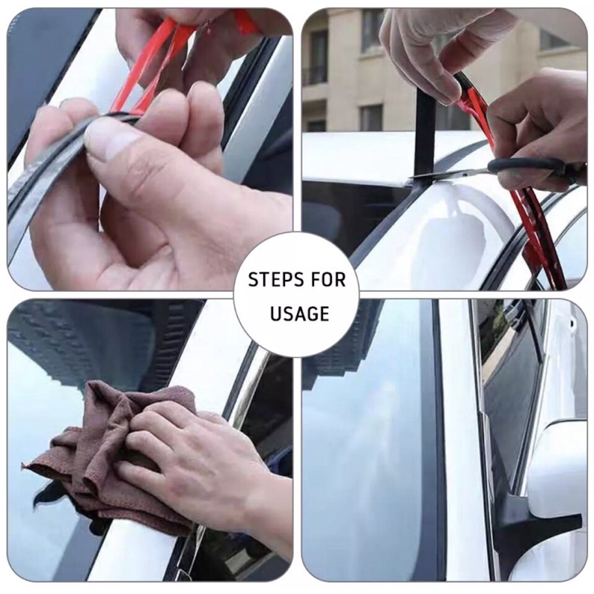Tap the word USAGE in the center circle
pos(299,313)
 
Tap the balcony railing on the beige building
pos(315,76)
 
